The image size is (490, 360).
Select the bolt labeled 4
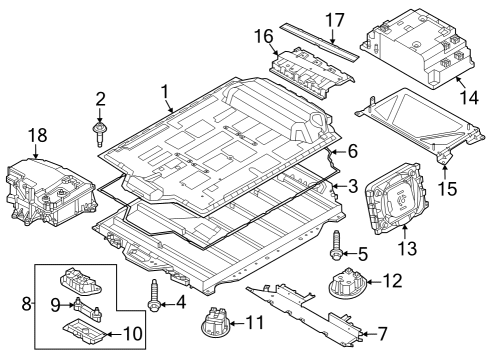[x=155, y=293]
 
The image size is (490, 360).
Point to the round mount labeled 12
[x=347, y=284]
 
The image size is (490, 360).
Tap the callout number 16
[x=263, y=37]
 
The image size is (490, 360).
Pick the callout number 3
[x=351, y=186]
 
